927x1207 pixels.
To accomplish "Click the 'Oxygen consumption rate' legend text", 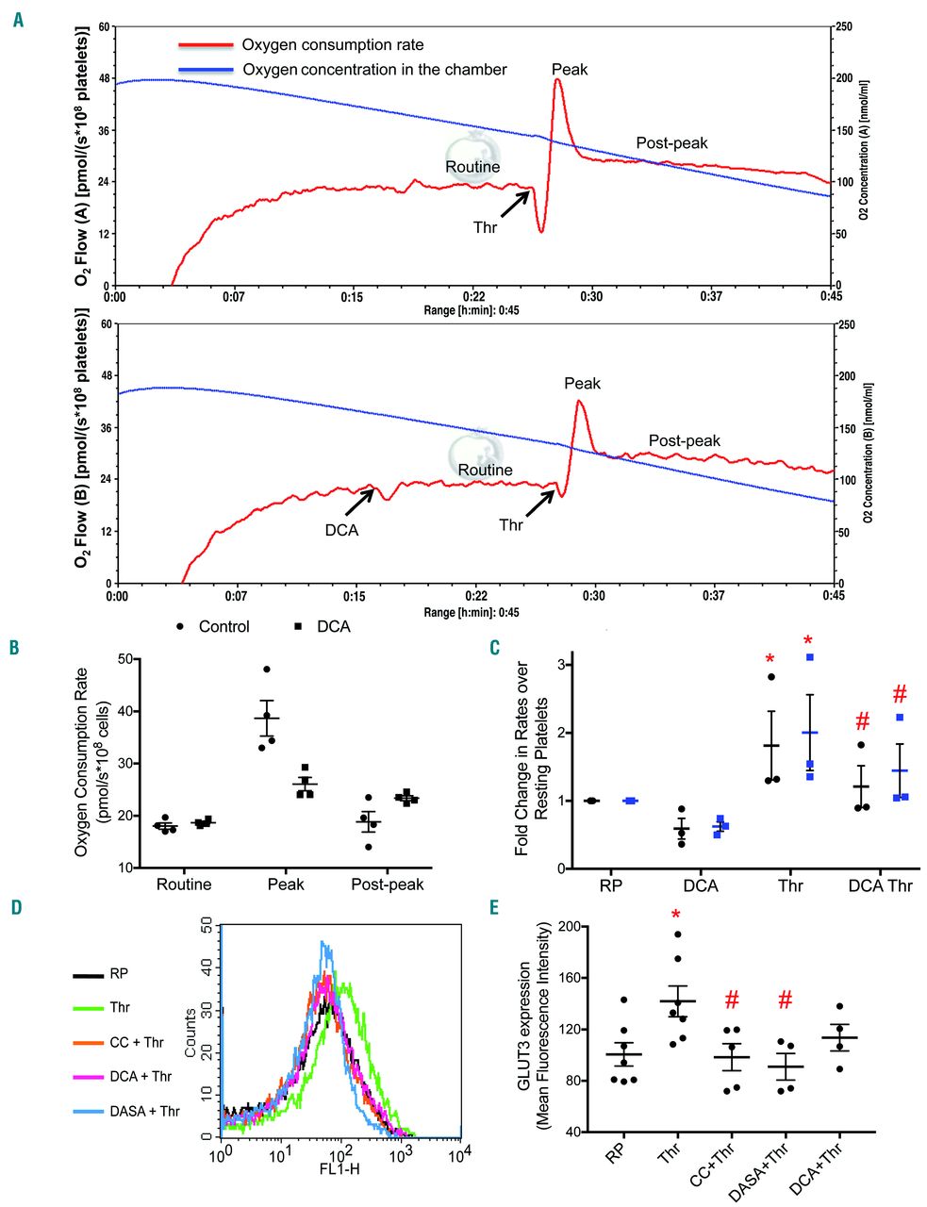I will (332, 44).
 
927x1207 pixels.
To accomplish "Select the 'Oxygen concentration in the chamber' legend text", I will (374, 69).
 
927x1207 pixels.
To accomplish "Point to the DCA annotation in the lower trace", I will (341, 530).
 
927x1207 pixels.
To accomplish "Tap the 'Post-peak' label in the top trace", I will (671, 143).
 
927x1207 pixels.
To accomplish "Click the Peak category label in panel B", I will (286, 885).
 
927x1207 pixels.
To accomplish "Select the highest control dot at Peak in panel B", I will (267, 670).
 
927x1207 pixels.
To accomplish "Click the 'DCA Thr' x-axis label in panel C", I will (880, 886).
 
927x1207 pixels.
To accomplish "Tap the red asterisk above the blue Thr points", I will (807, 641).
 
